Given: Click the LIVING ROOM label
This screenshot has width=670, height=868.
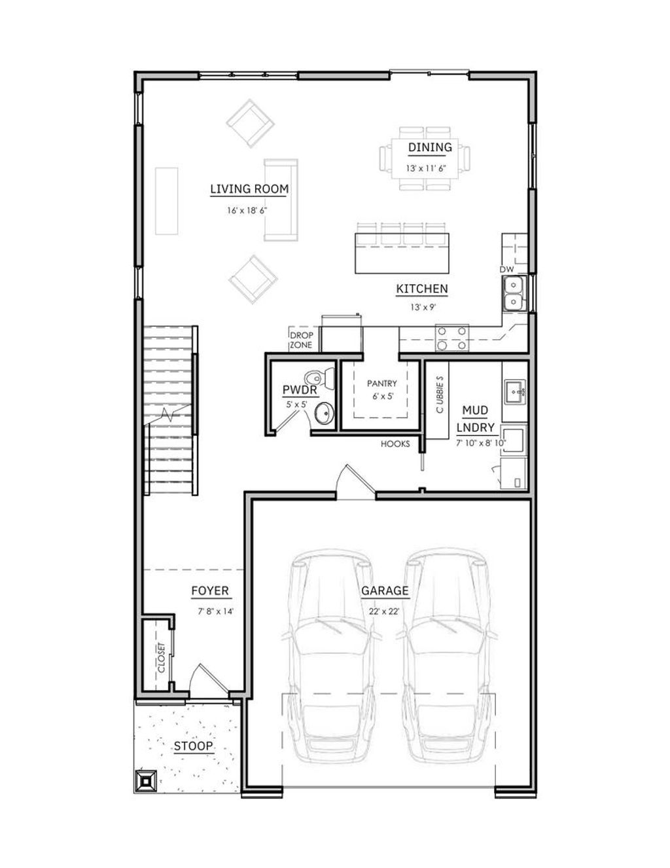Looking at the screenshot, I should click(x=249, y=189).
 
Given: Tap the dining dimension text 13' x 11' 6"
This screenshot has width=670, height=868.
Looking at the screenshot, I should click(x=430, y=168).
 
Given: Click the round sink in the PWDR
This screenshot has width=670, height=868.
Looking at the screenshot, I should click(x=323, y=413).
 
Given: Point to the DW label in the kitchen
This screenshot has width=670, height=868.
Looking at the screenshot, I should click(x=506, y=270).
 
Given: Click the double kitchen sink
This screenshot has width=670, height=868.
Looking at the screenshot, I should click(x=514, y=293).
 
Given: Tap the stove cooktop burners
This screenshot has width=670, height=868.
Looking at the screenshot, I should click(x=453, y=338).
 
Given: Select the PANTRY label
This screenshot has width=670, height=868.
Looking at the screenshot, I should click(x=382, y=383).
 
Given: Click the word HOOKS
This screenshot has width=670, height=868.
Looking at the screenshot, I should click(x=395, y=444).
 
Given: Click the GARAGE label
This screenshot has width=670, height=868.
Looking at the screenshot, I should click(x=385, y=590).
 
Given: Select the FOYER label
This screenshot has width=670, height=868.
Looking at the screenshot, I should click(x=210, y=590).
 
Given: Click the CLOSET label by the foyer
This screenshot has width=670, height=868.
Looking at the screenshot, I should click(x=161, y=657).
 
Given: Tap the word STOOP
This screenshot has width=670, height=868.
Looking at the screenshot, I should click(x=193, y=746).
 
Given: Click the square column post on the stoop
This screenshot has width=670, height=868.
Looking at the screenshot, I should click(x=146, y=780).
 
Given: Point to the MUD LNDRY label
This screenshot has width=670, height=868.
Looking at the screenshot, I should click(x=475, y=419).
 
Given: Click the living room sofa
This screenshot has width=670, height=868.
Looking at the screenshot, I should click(x=281, y=199).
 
